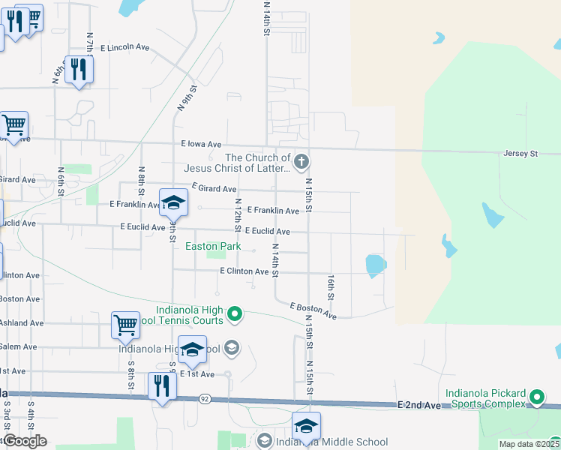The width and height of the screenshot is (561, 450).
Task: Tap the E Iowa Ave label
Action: [201, 144]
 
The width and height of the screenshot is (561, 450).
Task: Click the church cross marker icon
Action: [301, 161]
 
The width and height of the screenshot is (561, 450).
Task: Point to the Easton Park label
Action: [213, 246]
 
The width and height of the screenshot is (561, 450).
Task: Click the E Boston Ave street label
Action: [313, 309]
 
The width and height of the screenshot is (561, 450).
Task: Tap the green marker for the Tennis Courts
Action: [235, 313]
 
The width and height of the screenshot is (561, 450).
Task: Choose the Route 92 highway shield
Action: [204, 398]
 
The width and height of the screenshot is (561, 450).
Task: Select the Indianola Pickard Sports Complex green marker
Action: [536, 397]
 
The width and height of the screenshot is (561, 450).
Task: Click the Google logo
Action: [24, 441]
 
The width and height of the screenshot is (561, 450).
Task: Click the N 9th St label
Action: [187, 98]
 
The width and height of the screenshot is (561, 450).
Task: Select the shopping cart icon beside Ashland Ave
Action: [125, 325]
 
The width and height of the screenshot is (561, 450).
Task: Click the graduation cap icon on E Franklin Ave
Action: [173, 201]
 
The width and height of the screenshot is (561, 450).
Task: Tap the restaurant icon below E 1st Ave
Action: [162, 385]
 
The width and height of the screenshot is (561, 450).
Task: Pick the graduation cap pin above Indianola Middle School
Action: [306, 425]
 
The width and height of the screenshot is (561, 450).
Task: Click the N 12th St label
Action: [237, 215]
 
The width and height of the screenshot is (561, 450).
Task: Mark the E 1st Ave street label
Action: [198, 373]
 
